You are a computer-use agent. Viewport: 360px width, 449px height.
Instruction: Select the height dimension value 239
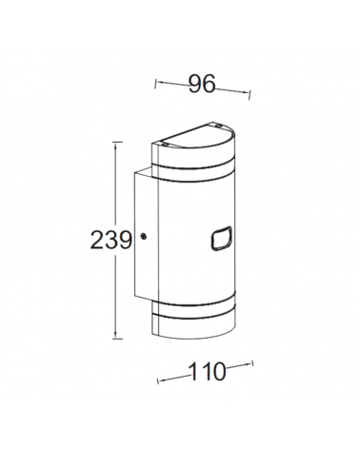[111, 240]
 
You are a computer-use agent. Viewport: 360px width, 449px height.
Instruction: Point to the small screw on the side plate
[143, 236]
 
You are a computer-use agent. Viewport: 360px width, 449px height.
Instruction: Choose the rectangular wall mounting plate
[143, 247]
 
